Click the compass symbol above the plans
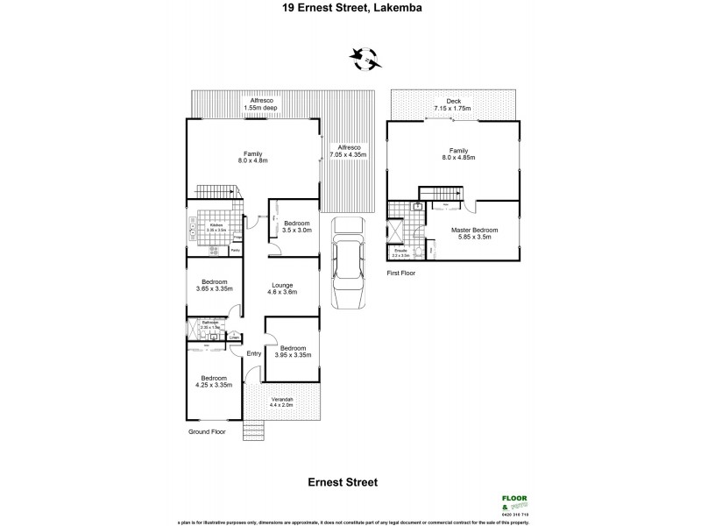tap(366, 60)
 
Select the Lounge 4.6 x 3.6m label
tap(281, 288)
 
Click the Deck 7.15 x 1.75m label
tap(453, 105)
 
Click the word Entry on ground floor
tap(254, 353)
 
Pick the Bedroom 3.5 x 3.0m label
tap(297, 227)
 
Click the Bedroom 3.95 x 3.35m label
tap(293, 352)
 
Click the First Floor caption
tap(401, 274)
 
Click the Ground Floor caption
tap(208, 432)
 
